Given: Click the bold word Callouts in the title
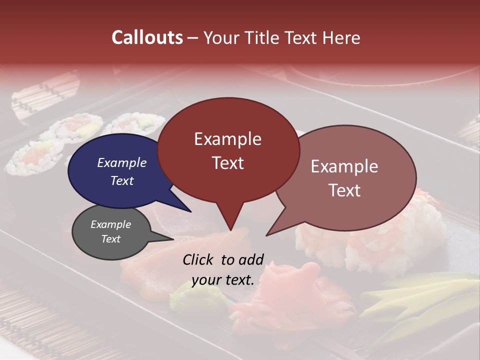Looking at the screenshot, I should tap(147, 37).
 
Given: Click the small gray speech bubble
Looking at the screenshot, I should tap(111, 232).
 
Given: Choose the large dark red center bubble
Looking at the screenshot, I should tap(228, 150).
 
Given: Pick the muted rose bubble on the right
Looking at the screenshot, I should tap(350, 177).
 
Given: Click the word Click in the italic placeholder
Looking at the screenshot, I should tap(198, 259).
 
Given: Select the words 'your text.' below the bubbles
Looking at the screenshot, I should tap(223, 280).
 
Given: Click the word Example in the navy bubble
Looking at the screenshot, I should tap(121, 163).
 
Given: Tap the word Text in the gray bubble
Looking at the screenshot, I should tap(111, 239).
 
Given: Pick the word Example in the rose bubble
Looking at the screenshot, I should tap(344, 166).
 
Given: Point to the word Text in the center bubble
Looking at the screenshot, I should tap(228, 163).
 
